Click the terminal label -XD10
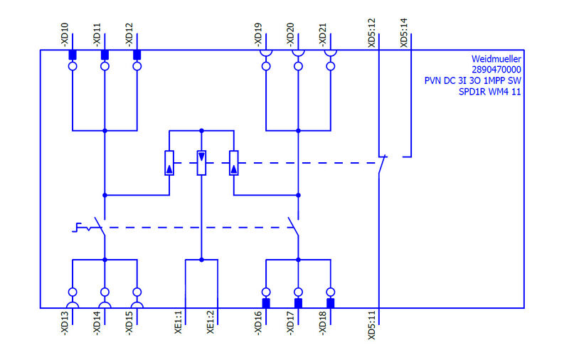tap(65, 35)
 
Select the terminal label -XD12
tap(130, 35)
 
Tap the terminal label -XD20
tap(291, 35)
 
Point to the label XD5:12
tap(372, 33)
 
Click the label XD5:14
tap(405, 33)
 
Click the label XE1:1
tap(179, 322)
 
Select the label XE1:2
tap(211, 322)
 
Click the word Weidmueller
tap(496, 59)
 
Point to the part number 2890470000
tap(496, 70)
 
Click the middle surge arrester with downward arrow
tap(201, 163)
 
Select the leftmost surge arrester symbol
tap(169, 163)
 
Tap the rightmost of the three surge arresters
tap(233, 163)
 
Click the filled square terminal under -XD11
tap(105, 55)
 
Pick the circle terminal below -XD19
tap(266, 67)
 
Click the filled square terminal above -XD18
tap(331, 303)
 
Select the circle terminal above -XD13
tap(72, 292)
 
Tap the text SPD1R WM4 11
tap(491, 91)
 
